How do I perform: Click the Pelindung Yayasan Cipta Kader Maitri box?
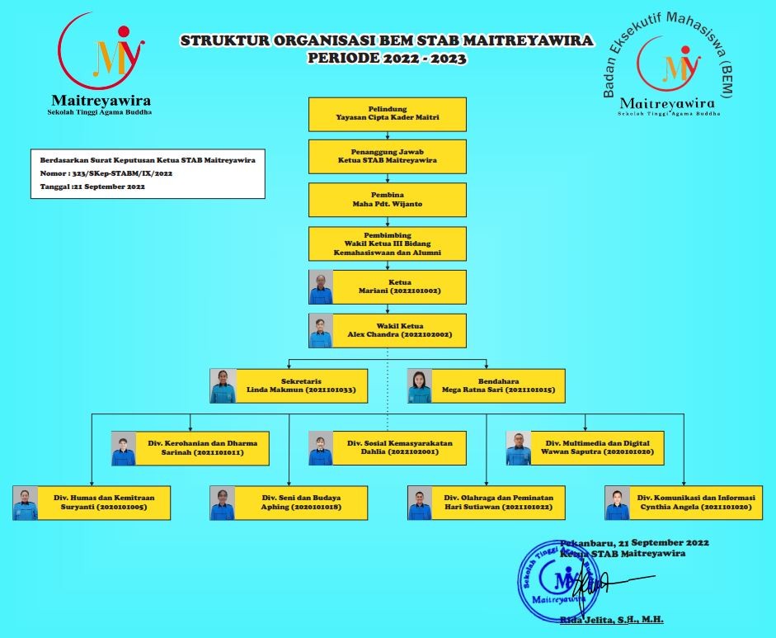click(387, 114)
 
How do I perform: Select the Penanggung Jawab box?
click(387, 156)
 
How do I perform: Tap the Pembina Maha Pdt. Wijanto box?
click(387, 199)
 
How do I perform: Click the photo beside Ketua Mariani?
click(321, 287)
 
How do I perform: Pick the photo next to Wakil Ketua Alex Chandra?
click(321, 330)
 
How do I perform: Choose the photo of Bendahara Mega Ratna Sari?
click(420, 385)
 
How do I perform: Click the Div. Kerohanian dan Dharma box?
click(207, 448)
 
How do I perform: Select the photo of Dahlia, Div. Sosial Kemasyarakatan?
click(321, 448)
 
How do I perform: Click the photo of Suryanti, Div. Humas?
click(26, 503)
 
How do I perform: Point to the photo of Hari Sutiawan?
click(420, 503)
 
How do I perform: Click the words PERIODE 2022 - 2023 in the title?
click(387, 59)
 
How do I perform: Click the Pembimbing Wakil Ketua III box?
click(387, 244)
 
